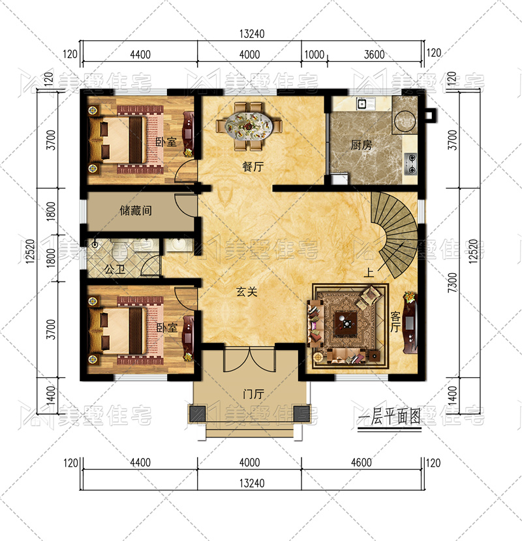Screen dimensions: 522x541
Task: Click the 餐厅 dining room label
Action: click(x=253, y=167)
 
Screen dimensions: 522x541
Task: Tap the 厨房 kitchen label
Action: click(x=361, y=145)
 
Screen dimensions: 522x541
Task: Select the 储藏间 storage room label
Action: click(x=136, y=210)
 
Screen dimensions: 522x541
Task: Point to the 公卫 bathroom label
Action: click(x=115, y=269)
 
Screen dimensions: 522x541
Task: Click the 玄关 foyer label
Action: click(x=247, y=292)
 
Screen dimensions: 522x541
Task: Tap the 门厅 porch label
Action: click(x=254, y=394)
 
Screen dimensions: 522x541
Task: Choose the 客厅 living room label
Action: click(x=395, y=322)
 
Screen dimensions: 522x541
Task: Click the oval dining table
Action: click(x=249, y=126)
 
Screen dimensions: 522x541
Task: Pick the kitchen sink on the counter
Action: click(x=361, y=103)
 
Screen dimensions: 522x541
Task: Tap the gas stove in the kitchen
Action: click(x=411, y=164)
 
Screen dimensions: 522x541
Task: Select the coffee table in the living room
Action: click(x=346, y=324)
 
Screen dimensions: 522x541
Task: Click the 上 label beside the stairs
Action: click(x=369, y=272)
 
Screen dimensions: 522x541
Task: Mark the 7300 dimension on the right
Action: click(x=452, y=283)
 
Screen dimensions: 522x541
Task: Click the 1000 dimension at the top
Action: click(x=314, y=55)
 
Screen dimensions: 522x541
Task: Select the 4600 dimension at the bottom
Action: click(x=361, y=462)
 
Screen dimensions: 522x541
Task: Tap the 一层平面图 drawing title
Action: click(x=389, y=417)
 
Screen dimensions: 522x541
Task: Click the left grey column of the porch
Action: click(x=197, y=413)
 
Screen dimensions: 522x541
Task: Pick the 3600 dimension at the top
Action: click(x=374, y=55)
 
